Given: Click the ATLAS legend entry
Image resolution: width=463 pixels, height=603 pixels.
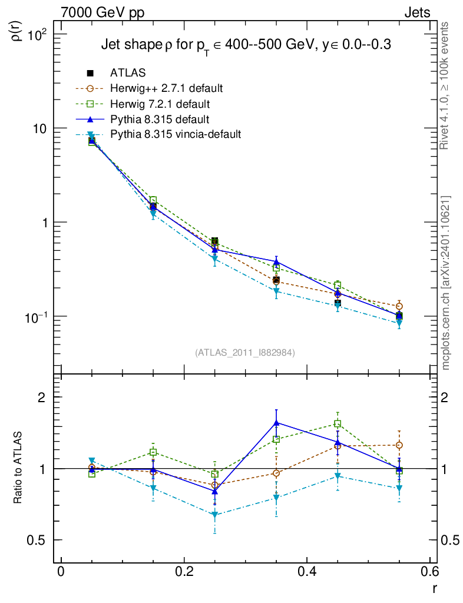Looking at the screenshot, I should click(128, 73).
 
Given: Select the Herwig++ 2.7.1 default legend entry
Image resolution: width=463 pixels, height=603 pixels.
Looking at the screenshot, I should click(166, 89).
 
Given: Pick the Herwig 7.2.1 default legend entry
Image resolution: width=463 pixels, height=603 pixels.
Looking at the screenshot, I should click(160, 104).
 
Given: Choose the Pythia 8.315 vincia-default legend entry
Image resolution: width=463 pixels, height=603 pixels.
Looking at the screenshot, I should click(176, 135).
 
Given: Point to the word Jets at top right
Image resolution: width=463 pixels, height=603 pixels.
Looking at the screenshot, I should click(416, 12).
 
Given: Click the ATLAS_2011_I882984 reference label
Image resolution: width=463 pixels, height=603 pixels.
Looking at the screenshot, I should click(245, 353).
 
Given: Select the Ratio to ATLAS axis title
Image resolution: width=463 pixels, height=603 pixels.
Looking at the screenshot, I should click(19, 468).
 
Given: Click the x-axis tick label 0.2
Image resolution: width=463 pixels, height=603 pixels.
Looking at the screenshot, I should click(184, 572).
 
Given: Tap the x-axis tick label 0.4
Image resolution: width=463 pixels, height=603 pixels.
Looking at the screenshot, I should click(307, 572).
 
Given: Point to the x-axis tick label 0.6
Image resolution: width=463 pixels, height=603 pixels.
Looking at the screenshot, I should click(429, 572).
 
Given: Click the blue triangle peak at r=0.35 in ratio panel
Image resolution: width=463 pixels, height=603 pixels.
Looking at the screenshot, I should click(276, 422).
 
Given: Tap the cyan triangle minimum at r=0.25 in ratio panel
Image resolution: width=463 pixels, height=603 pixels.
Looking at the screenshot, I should click(215, 515).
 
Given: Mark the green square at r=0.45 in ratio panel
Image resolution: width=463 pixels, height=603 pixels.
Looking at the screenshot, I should click(338, 423).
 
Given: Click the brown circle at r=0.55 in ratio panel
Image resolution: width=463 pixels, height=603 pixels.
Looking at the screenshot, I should click(399, 445).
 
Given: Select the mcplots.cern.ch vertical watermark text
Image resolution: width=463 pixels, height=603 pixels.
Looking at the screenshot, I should click(447, 283).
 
